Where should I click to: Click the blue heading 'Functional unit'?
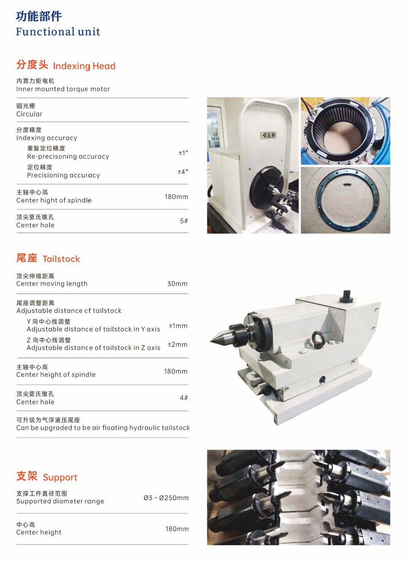point(58,32)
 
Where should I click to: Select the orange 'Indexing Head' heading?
point(84,66)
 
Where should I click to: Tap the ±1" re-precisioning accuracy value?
point(183,152)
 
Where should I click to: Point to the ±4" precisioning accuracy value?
point(183,171)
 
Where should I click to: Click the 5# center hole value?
point(184,221)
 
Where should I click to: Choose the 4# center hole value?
point(184,398)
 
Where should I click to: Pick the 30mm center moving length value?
point(177,284)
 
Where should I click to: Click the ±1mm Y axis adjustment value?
point(178,326)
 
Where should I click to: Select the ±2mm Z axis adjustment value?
point(178,345)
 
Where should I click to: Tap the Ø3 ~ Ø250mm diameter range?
point(166,498)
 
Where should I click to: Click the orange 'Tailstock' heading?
point(61,259)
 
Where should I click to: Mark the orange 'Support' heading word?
point(60,477)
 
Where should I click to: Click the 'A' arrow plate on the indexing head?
point(268,135)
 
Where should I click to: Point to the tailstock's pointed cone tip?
point(210,341)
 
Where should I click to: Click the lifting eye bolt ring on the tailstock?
point(317,340)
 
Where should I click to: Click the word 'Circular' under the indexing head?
point(29,114)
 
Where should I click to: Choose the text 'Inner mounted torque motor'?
point(63,89)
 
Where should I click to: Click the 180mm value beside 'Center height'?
point(177,529)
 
